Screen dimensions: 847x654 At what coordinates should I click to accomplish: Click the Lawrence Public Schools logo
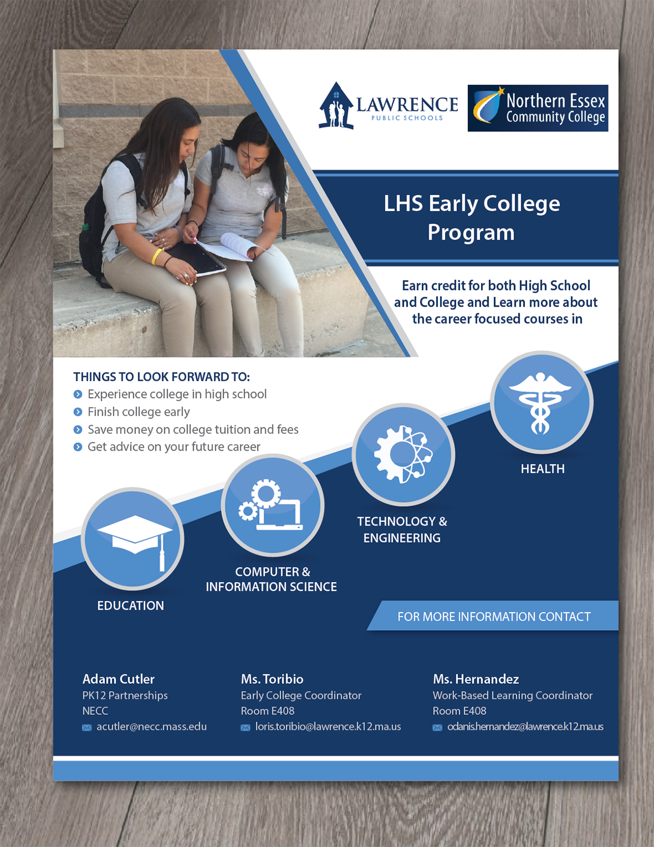[389, 106]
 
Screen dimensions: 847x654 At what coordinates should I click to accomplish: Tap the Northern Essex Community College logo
[538, 108]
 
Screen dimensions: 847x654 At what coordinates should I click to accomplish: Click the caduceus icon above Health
[541, 402]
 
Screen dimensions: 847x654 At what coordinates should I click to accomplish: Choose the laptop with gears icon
[272, 505]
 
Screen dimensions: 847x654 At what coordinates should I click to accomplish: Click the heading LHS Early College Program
[472, 217]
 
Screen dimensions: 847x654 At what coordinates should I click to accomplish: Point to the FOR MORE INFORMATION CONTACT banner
[494, 617]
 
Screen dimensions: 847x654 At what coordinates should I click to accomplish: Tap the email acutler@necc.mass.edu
[151, 727]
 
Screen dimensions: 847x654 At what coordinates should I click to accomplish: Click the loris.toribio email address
[328, 727]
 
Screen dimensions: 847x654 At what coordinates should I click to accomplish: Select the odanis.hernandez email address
[525, 727]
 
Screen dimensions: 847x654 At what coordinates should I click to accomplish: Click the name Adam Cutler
[119, 679]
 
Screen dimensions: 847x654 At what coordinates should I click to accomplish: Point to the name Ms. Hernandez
[476, 679]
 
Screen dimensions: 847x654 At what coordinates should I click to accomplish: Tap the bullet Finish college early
[138, 412]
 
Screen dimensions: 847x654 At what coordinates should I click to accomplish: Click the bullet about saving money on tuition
[193, 430]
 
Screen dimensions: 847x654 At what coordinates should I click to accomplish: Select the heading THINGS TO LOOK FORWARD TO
[162, 377]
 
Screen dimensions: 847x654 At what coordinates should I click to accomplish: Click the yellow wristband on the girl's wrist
[156, 256]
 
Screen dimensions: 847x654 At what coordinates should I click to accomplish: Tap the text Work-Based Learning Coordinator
[512, 696]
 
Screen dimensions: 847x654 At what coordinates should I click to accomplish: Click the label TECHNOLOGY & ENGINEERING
[402, 529]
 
